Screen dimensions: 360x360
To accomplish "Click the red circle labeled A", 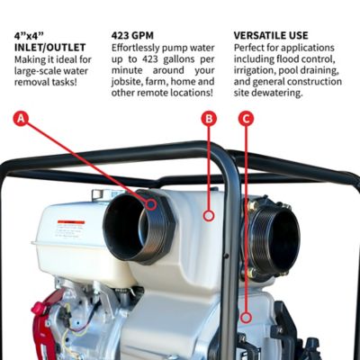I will coord(22,117).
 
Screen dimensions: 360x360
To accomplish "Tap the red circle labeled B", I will coord(209,118).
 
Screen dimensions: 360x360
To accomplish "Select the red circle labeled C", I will coord(247,118).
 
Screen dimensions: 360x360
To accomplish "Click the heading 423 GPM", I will coord(133,36).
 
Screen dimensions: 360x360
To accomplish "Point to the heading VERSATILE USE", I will coord(271,36).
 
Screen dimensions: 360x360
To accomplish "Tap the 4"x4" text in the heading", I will coord(31,36).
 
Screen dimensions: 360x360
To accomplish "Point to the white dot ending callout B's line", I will coord(209,216).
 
